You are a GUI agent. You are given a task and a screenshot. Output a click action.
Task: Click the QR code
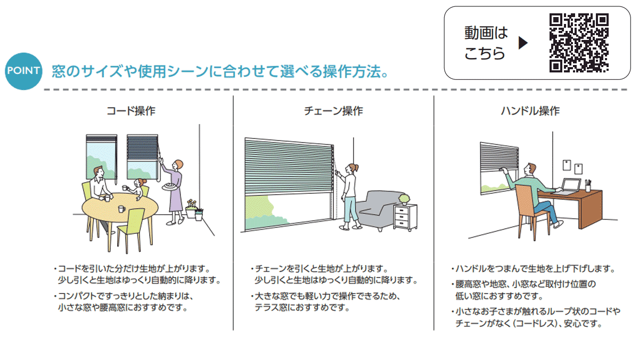coord(579,43)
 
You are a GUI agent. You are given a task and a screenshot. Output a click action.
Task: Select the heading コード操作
coord(131,111)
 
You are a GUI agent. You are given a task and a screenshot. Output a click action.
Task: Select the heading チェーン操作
coord(333,111)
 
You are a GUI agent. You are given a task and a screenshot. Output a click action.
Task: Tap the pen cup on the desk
coord(588,186)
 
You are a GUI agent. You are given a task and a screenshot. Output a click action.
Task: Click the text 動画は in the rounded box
coord(486,33)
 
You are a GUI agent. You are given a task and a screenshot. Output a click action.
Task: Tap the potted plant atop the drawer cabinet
coord(405,199)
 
